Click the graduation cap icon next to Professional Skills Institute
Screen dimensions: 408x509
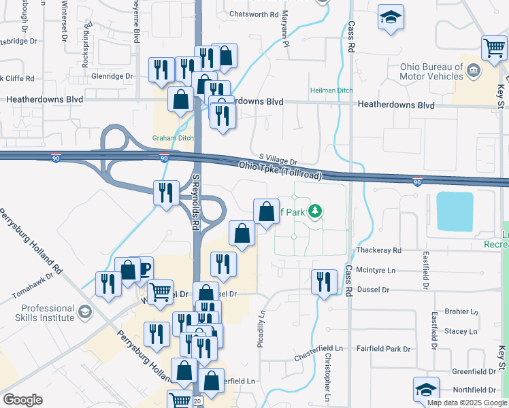click(x=85, y=312)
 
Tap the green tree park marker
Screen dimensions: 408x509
click(x=314, y=211)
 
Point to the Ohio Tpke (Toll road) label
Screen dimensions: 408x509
click(x=280, y=170)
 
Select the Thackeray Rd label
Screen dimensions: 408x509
click(x=378, y=250)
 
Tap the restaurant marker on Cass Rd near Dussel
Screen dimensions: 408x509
click(x=324, y=281)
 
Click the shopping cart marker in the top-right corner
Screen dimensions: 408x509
click(x=494, y=48)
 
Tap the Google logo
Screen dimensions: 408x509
click(x=22, y=401)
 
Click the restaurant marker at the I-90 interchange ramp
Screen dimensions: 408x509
click(x=166, y=193)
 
